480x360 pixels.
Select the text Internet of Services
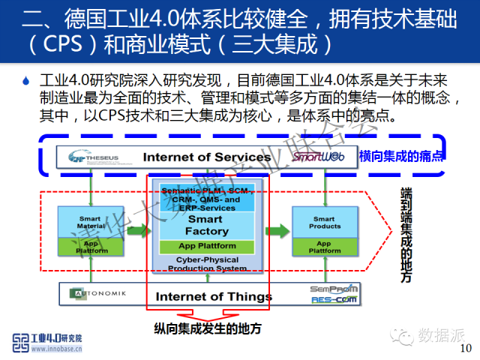coord(206,157)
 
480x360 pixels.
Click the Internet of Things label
coord(214,296)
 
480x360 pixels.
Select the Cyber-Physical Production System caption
coord(207,263)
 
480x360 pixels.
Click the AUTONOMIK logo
coord(101,292)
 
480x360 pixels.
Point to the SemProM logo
coord(334,289)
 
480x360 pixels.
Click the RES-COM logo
coord(334,300)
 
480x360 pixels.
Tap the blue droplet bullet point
coord(25,79)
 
